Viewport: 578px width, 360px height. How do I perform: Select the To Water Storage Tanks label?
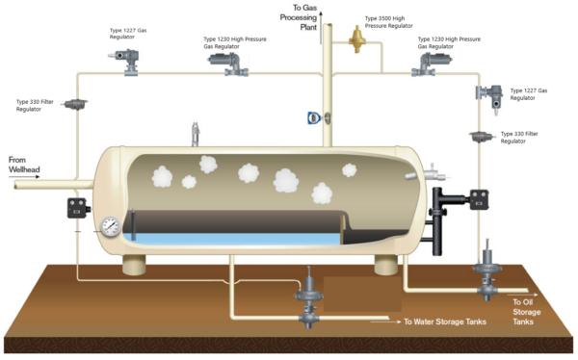click(444, 322)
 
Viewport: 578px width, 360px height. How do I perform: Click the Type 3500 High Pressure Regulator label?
click(396, 22)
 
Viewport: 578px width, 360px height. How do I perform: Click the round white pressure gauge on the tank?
click(111, 227)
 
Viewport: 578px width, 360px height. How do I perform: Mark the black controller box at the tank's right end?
click(480, 197)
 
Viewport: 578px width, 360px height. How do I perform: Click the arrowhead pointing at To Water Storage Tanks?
click(396, 322)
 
